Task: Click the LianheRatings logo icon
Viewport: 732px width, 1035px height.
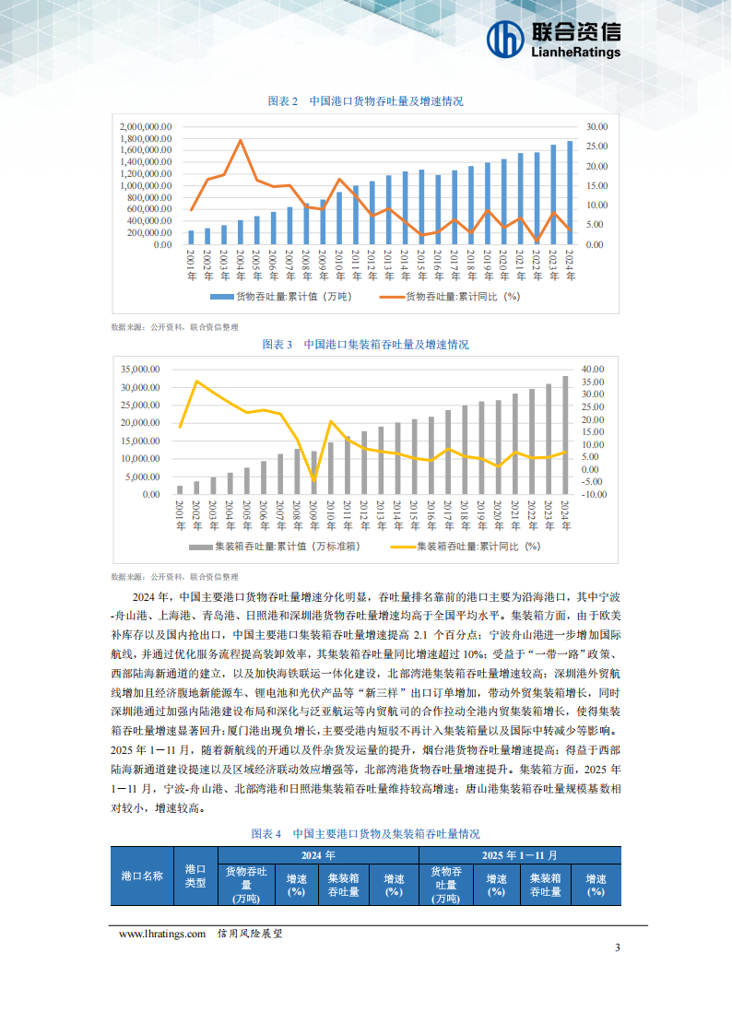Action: pyautogui.click(x=504, y=39)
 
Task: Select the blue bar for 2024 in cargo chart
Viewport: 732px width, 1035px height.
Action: pyautogui.click(x=569, y=193)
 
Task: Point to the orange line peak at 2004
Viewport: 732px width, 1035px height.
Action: pyautogui.click(x=241, y=140)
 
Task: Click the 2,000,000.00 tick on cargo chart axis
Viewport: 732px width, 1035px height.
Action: pyautogui.click(x=146, y=126)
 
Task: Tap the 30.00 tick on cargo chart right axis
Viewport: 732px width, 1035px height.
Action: pyautogui.click(x=596, y=126)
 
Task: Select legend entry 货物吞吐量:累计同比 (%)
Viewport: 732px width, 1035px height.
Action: pyautogui.click(x=460, y=297)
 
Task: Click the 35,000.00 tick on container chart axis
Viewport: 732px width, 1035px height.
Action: pyautogui.click(x=141, y=369)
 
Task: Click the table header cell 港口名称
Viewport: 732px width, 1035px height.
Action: pyautogui.click(x=142, y=876)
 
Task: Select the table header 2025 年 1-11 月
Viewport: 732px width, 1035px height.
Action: pyautogui.click(x=520, y=855)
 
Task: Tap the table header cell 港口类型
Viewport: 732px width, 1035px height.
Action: pyautogui.click(x=195, y=876)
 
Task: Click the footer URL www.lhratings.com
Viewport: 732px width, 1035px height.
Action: pyautogui.click(x=161, y=934)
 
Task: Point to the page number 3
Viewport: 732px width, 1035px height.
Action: pyautogui.click(x=618, y=948)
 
